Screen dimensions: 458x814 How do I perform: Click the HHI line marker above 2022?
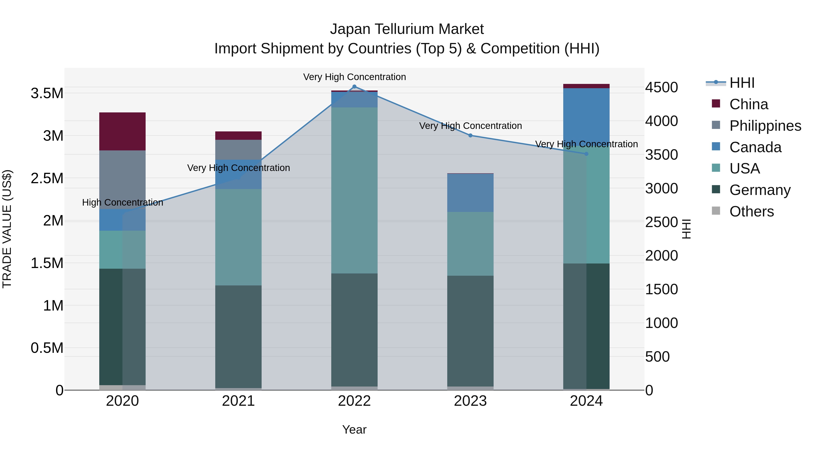coord(354,87)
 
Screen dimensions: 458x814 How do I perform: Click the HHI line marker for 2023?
coord(470,135)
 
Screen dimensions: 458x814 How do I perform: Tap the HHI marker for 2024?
coord(586,154)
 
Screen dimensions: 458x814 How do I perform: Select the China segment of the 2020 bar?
coord(122,131)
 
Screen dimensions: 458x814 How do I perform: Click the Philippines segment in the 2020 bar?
coord(122,180)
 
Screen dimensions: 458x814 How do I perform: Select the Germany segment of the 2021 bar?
coord(238,337)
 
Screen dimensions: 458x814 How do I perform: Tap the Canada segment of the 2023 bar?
coord(470,193)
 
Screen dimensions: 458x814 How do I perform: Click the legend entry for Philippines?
coord(765,126)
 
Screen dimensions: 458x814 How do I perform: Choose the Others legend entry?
coord(751,211)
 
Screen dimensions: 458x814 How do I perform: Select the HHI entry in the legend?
coord(742,83)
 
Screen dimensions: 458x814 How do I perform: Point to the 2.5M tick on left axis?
coord(47,178)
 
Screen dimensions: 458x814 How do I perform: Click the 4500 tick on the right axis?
coord(661,88)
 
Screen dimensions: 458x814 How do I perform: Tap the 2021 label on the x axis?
coord(238,401)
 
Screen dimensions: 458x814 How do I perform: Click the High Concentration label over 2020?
coord(123,202)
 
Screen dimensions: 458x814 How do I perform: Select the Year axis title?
coord(354,430)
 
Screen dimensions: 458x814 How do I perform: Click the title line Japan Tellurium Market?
coord(407,29)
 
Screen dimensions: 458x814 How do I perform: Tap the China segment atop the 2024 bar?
coord(586,86)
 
